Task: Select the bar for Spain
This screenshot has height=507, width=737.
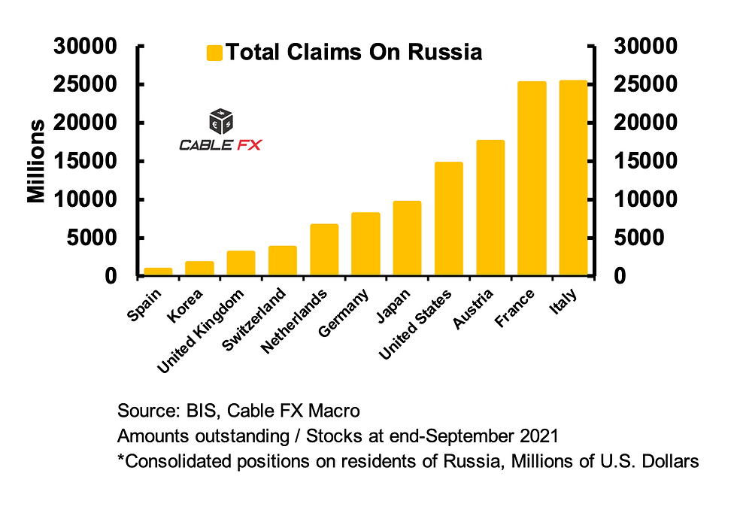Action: [158, 272]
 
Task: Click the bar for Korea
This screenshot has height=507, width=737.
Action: [199, 269]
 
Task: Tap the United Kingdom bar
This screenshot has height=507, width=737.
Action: [241, 263]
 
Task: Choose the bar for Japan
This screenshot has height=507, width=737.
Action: [407, 238]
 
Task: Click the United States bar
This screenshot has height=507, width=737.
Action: [448, 219]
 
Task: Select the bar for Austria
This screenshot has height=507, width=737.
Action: [490, 208]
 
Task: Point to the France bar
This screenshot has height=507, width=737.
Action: [532, 179]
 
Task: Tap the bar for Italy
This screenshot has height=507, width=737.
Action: [573, 178]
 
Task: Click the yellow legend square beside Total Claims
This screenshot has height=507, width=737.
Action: [214, 53]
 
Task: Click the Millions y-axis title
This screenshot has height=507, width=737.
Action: [35, 161]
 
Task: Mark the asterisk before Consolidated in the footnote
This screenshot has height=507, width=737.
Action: [121, 458]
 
